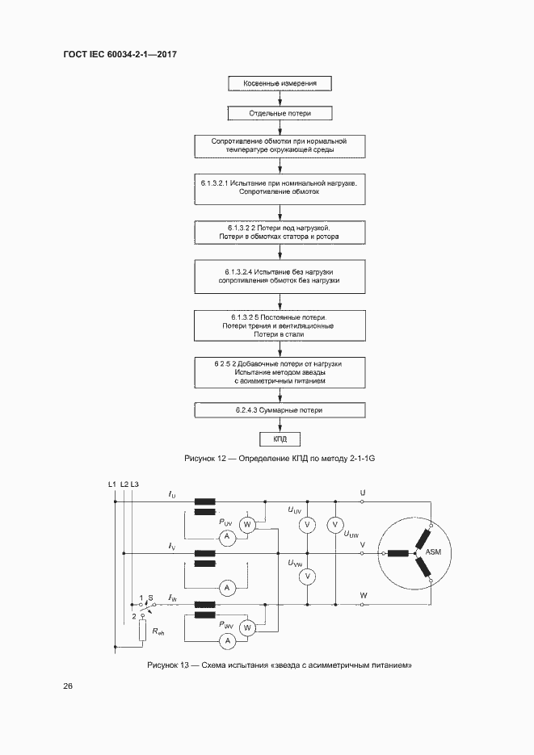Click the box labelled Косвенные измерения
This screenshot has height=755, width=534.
click(280, 83)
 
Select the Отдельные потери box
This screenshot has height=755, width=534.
click(280, 114)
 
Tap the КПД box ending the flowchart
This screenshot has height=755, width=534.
click(280, 439)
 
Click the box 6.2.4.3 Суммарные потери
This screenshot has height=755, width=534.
click(280, 410)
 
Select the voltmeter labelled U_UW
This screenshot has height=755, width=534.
click(334, 525)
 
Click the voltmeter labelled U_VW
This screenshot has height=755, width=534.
click(306, 576)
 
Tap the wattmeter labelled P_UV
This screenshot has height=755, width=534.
click(248, 525)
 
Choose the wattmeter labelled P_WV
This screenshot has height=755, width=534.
click(248, 627)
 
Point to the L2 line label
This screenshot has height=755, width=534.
click(124, 484)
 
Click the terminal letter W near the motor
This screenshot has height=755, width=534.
click(363, 595)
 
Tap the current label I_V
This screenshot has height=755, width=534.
click(171, 547)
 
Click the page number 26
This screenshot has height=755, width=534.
click(68, 686)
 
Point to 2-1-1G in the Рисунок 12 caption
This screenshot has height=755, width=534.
click(360, 459)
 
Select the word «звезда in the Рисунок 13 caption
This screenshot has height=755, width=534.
click(271, 665)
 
